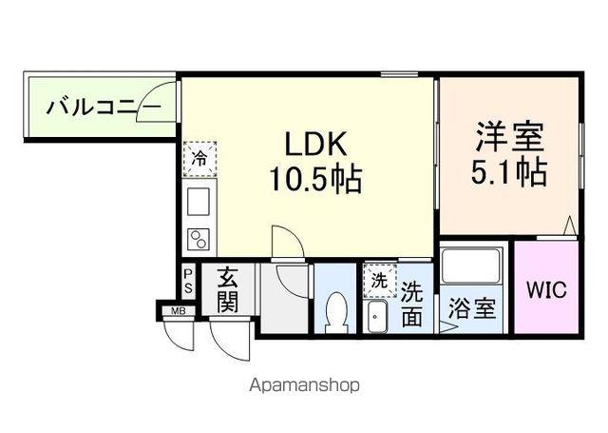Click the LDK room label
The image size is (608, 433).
pyautogui.click(x=307, y=145)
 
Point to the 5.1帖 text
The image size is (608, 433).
pyautogui.click(x=509, y=172)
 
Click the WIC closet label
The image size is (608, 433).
pyautogui.click(x=546, y=288)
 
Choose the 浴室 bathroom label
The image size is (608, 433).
pyautogui.click(x=472, y=309)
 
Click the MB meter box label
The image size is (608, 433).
pyautogui.click(x=178, y=310)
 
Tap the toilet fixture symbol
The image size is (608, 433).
pyautogui.click(x=335, y=311)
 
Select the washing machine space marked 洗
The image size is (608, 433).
pyautogui.click(x=378, y=281)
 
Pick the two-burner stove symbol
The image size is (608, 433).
pyautogui.click(x=199, y=238)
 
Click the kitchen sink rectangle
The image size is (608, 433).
pyautogui.click(x=199, y=203)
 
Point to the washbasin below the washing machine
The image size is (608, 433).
pyautogui.click(x=377, y=317)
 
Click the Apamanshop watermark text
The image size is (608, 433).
pyautogui.click(x=304, y=386)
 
